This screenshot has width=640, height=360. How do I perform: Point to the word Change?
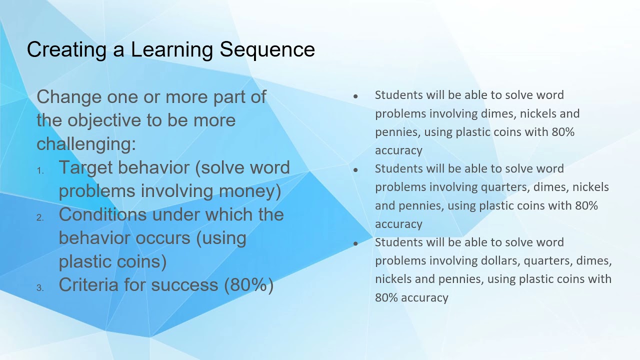coord(69,96)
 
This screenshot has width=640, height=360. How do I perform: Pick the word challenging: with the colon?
coord(86,143)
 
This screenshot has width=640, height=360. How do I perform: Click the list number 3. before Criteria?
coord(40,288)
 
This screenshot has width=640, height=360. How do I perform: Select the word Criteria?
coord(83,284)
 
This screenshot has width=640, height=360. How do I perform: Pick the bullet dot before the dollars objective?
coord(355,243)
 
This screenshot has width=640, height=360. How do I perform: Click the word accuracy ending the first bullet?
coord(398,150)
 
